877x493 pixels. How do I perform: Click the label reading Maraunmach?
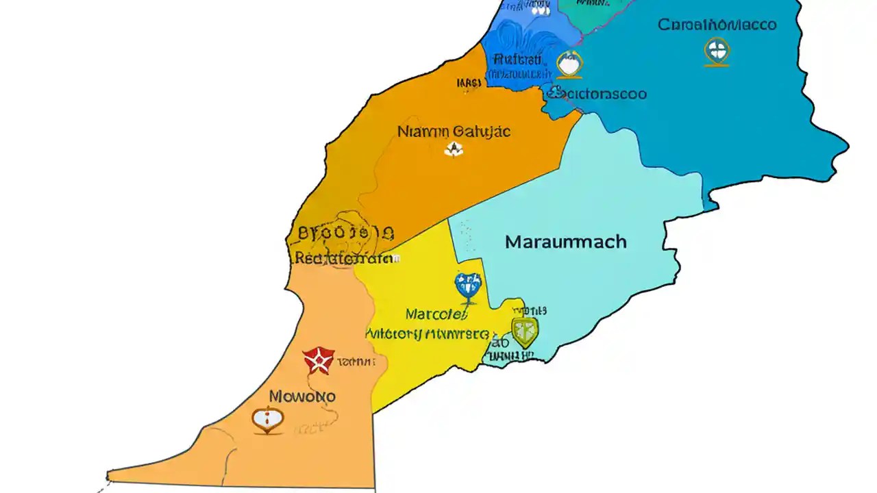(565, 242)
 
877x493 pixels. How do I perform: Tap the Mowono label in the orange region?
(302, 396)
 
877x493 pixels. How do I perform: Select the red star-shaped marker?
(319, 360)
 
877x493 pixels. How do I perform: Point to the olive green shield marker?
(525, 332)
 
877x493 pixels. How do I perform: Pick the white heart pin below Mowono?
(267, 419)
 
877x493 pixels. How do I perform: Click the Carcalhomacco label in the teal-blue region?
(717, 25)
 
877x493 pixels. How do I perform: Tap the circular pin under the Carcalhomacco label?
(717, 51)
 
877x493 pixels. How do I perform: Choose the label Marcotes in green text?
(436, 314)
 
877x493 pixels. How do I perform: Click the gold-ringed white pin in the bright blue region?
(569, 64)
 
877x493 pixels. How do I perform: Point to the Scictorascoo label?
(597, 93)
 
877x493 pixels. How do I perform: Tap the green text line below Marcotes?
(428, 335)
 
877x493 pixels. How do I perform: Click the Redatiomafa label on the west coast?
(343, 259)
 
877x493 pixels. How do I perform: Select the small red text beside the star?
(356, 361)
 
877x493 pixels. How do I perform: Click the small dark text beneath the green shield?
(510, 355)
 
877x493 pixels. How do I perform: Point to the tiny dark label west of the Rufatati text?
(469, 83)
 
